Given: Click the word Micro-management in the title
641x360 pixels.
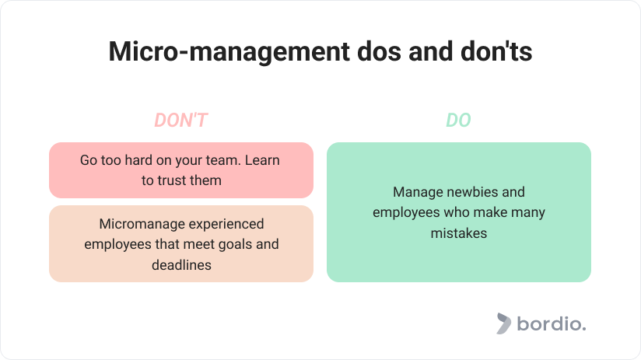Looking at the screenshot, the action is pos(229,52).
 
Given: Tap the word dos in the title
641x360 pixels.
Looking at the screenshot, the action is pos(379,52).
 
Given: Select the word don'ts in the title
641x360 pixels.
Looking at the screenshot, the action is pos(496,52).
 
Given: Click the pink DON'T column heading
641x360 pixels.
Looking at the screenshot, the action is pos(181,121).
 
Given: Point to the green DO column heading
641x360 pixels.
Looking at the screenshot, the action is pos(458,121).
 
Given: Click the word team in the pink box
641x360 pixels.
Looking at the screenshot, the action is pos(226,161).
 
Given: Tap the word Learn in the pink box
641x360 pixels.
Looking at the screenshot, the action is pos(262,160).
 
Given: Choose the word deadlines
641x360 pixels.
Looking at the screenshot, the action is pos(181,265).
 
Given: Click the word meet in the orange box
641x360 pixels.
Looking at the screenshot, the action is pos(202,245).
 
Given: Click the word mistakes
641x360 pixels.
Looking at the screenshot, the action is pos(459,233).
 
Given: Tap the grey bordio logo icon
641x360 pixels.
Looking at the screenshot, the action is pos(503,323).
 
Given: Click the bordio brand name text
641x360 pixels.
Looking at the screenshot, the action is pos(551,323).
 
